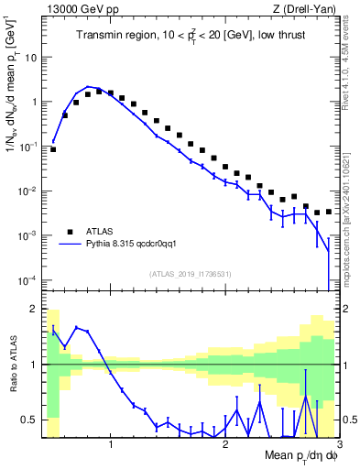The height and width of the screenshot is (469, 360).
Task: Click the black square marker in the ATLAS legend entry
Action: pos(70,231)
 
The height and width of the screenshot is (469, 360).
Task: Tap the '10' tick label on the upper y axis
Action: pos(30,57)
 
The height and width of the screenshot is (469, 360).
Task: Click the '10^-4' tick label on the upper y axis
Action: pos(27,279)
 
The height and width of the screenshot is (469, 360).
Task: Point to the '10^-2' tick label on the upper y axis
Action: pos(27,191)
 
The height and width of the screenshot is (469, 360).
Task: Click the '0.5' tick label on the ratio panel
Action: pos(28,420)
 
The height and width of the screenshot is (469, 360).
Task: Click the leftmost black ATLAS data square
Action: pos(54,148)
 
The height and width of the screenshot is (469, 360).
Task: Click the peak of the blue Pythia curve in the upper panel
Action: pos(88,86)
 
